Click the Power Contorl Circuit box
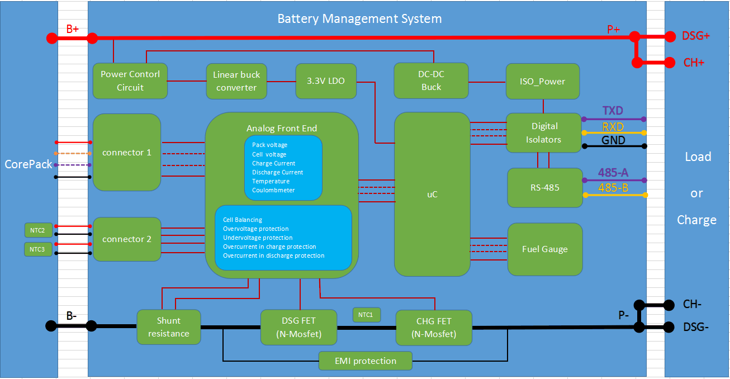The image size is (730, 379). (130, 81)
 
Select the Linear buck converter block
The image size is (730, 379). (236, 81)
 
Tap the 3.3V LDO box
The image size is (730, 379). (326, 81)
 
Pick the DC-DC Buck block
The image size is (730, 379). (431, 81)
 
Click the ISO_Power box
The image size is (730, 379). (542, 81)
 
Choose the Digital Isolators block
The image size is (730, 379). (543, 132)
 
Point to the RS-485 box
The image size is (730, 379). (544, 187)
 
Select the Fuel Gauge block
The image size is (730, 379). (544, 249)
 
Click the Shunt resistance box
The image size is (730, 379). (168, 327)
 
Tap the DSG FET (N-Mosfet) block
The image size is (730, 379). (299, 328)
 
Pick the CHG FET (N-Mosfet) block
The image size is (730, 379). (434, 328)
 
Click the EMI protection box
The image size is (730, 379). (366, 361)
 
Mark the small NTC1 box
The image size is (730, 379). (366, 315)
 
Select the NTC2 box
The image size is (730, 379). (38, 230)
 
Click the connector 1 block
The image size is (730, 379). (127, 152)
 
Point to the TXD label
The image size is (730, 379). (613, 111)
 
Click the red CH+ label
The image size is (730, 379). (694, 63)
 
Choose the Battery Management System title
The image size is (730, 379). (359, 18)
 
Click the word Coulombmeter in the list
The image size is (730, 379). (273, 190)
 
